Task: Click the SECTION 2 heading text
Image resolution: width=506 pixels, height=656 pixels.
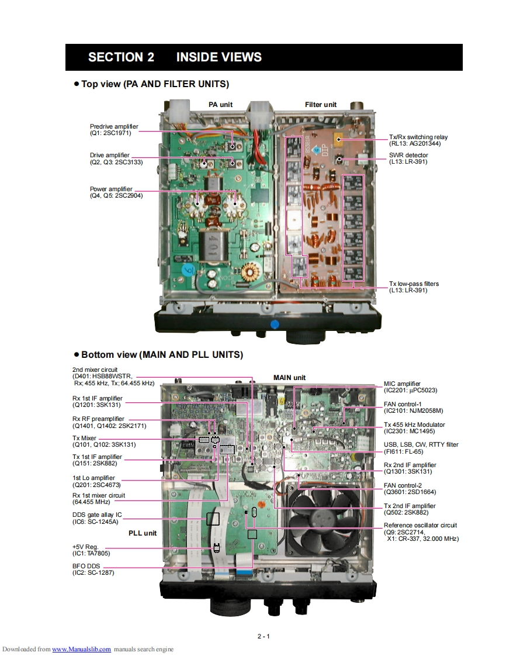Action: pos(121,57)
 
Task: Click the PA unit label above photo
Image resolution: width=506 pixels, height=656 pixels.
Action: pos(220,105)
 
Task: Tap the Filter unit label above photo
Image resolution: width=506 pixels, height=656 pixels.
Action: pos(321,105)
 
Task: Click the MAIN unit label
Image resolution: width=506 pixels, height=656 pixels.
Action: pos(289,378)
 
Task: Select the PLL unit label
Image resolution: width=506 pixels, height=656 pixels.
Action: pos(143,533)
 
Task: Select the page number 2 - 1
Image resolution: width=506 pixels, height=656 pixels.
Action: pos(263,637)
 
